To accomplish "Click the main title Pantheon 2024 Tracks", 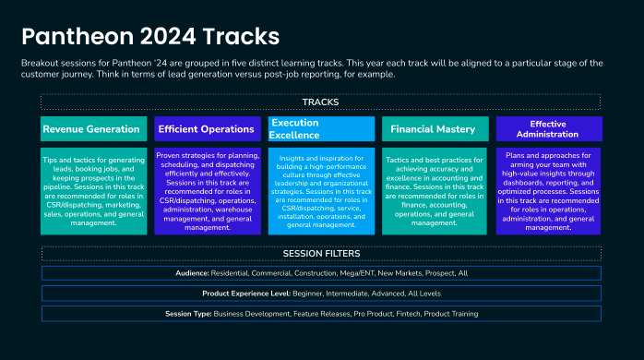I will pyautogui.click(x=150, y=36).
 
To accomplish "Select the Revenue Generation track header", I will pyautogui.click(x=91, y=129).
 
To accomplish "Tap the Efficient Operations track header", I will pyautogui.click(x=206, y=129).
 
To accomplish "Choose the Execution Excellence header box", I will pyautogui.click(x=320, y=128).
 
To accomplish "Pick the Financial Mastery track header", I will pyautogui.click(x=433, y=129).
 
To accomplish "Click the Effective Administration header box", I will pyautogui.click(x=548, y=128).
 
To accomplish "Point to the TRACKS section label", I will pyautogui.click(x=320, y=102).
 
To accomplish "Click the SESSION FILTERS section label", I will pyautogui.click(x=320, y=254).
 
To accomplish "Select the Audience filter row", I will pyautogui.click(x=320, y=273).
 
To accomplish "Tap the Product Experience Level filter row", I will pyautogui.click(x=320, y=294).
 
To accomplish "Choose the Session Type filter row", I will pyautogui.click(x=320, y=314).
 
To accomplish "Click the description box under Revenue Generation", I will pyautogui.click(x=91, y=190).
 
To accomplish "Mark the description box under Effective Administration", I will pyautogui.click(x=548, y=189).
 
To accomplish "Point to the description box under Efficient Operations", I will pyautogui.click(x=206, y=190).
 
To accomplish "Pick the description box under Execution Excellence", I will pyautogui.click(x=320, y=190).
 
